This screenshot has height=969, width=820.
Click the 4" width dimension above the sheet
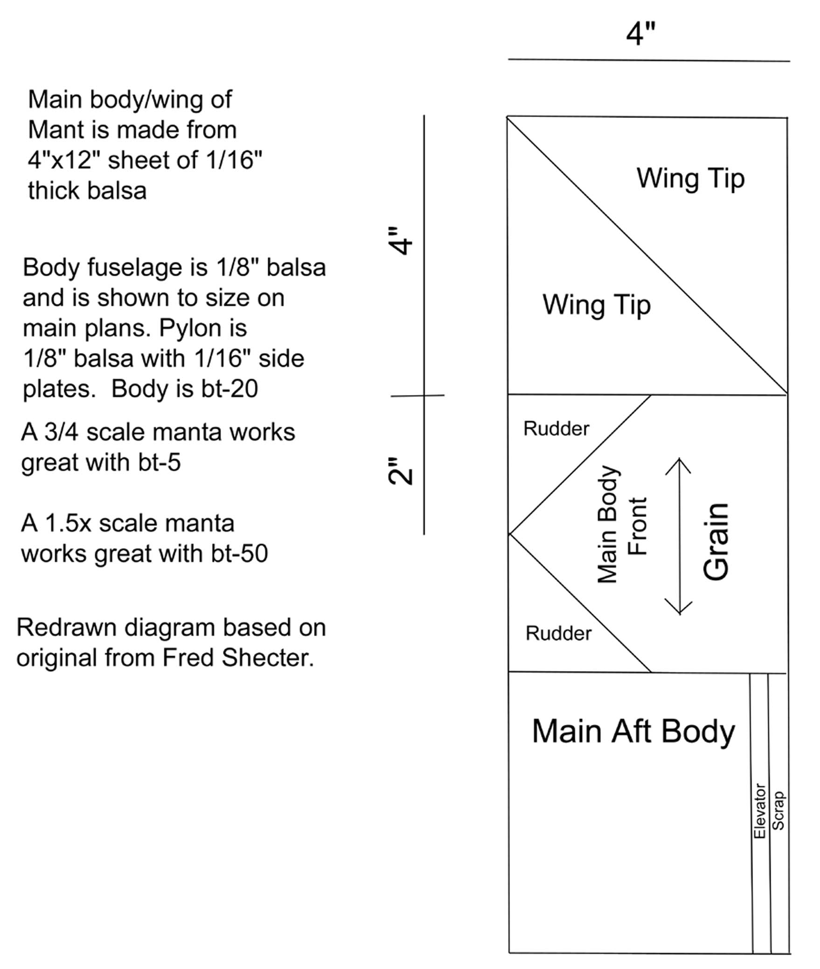(641, 34)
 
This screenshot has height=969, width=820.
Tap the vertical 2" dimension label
(400, 471)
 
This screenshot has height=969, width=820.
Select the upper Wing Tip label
(690, 179)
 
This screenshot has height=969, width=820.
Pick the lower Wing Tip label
(597, 305)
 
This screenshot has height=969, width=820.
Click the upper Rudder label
(556, 428)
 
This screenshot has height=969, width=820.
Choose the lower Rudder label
(558, 633)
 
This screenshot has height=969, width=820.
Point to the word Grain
(716, 541)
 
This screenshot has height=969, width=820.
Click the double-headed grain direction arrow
(679, 536)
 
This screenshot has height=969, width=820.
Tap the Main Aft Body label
(633, 731)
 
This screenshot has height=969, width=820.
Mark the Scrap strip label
(778, 810)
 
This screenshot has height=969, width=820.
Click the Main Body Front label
(622, 524)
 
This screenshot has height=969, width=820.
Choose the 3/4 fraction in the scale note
(62, 432)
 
